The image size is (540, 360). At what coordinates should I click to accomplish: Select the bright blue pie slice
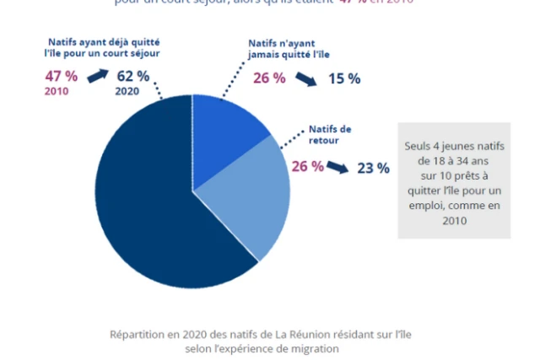pos(224,126)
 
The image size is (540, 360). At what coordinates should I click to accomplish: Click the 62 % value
pos(133,76)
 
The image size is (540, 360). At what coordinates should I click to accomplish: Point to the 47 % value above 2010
pos(61,76)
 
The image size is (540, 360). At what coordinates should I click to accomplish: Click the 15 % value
pos(343,78)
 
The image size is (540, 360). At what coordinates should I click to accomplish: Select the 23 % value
pos(373,168)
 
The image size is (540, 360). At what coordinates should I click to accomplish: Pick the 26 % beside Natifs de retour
pos(307,166)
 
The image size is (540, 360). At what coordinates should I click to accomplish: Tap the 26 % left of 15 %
pos(270,78)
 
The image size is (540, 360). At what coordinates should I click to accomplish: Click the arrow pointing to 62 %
pos(98,77)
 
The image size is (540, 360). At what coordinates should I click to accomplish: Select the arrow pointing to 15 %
pos(306,80)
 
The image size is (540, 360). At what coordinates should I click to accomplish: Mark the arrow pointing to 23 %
pos(338,168)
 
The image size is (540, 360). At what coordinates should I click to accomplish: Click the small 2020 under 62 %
pos(128,91)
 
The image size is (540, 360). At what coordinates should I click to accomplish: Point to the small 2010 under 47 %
pos(57,91)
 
